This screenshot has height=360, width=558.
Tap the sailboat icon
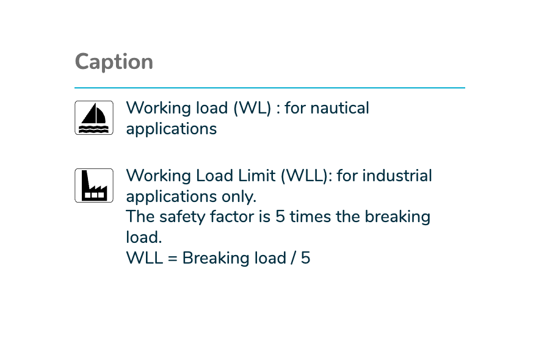[94, 118]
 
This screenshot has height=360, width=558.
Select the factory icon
[94, 185]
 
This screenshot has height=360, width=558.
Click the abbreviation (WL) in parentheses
[252, 108]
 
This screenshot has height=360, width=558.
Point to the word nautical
[340, 108]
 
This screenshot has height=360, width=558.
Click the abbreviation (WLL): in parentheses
[306, 176]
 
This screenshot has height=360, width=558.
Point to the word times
[310, 217]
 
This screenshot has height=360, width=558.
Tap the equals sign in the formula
[173, 259]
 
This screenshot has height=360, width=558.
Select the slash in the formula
[294, 258]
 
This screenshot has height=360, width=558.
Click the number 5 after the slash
[306, 258]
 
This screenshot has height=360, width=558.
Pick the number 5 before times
[280, 217]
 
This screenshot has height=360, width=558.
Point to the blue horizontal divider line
[270, 87]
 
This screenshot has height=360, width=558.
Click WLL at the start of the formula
[145, 258]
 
